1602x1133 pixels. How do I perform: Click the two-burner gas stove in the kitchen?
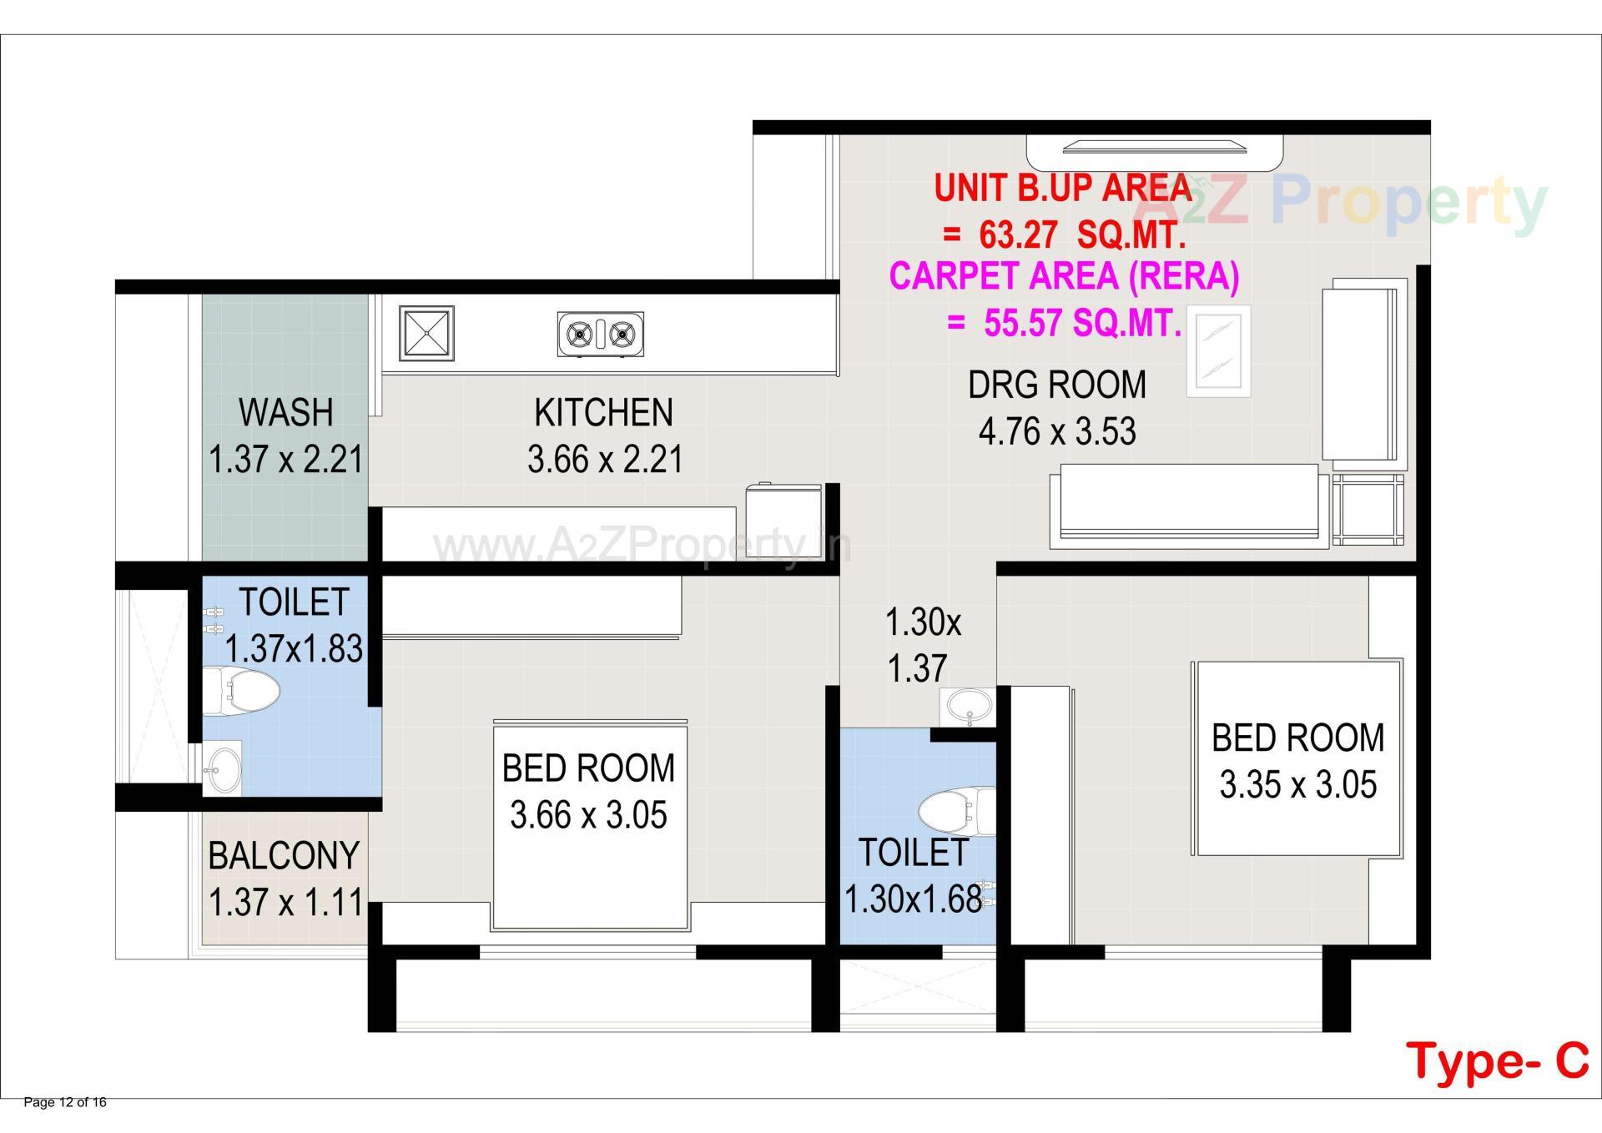point(600,335)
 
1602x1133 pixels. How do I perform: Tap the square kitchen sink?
point(426,334)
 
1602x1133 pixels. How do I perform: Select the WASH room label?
point(285,413)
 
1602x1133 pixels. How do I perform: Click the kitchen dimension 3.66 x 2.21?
point(605,460)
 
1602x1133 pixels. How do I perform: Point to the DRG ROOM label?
point(1056,385)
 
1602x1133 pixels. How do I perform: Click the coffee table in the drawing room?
point(1218,350)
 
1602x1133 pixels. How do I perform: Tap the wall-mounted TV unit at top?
point(1156,149)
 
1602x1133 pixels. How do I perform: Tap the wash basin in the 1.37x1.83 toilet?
point(223,768)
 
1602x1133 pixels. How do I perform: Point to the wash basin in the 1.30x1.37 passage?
point(968,707)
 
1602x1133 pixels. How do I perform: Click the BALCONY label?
point(284,856)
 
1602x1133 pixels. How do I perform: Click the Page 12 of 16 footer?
point(65,1103)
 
